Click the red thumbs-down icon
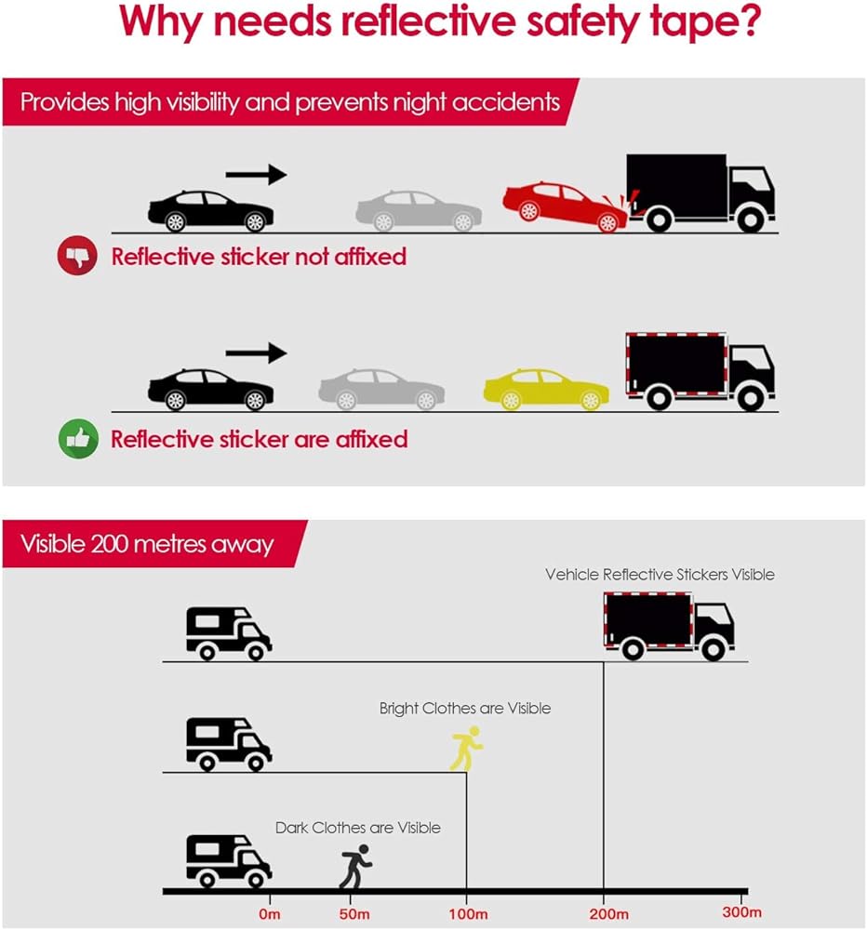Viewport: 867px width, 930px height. click(x=77, y=256)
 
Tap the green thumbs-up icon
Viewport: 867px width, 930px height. click(x=77, y=439)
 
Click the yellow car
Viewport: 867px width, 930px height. click(x=546, y=390)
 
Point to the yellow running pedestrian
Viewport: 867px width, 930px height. click(x=466, y=750)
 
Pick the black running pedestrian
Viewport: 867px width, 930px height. click(x=355, y=867)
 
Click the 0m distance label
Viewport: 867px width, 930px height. click(x=271, y=913)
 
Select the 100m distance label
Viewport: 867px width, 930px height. click(x=467, y=913)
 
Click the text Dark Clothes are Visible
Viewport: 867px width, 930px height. click(x=358, y=828)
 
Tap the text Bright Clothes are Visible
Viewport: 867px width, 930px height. click(x=465, y=709)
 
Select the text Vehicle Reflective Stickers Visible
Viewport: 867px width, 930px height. click(x=660, y=575)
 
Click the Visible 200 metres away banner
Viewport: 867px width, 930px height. click(x=147, y=544)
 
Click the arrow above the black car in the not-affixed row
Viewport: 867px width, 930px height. click(x=256, y=174)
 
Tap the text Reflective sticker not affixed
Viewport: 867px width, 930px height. click(x=259, y=256)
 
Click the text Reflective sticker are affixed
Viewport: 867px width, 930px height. click(x=259, y=439)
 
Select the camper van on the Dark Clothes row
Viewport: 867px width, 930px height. click(x=228, y=860)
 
